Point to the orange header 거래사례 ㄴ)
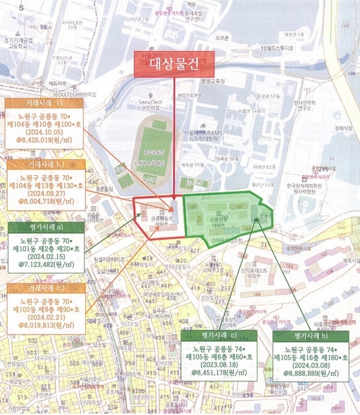[47, 165]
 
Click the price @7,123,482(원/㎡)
[47, 264]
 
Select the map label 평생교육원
[212, 81]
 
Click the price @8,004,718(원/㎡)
[47, 203]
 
